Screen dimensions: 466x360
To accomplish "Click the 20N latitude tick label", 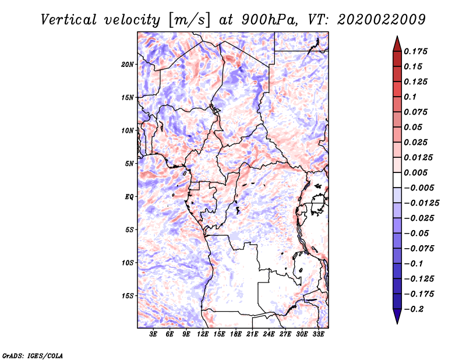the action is click(x=128, y=64).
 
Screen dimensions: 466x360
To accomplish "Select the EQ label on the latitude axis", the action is click(x=129, y=197).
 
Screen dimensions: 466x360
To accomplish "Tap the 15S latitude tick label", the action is click(x=128, y=296).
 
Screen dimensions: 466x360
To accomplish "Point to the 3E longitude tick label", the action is click(x=153, y=334).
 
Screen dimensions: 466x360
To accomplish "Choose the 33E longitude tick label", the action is click(x=318, y=334).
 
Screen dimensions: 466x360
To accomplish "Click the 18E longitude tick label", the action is click(x=236, y=334).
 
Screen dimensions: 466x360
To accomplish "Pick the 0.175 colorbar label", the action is click(x=415, y=51).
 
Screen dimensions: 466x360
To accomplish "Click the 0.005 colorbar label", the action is click(x=415, y=172).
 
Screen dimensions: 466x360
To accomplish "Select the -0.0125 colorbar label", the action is click(x=421, y=203).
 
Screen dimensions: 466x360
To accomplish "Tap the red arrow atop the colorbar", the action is click(x=397, y=44).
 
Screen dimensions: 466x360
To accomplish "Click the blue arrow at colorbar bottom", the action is click(x=397, y=316).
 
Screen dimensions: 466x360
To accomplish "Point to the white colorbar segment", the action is click(x=397, y=180).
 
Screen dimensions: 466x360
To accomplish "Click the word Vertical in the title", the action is click(x=69, y=20).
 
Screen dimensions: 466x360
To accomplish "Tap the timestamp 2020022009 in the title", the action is click(x=382, y=20).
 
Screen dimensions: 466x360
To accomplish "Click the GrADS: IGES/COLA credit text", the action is click(x=33, y=356).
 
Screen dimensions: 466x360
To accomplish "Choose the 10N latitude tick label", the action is click(x=128, y=130).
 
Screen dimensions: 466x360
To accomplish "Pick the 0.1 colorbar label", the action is click(x=410, y=97).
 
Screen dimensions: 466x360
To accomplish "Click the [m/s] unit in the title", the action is click(x=189, y=20).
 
